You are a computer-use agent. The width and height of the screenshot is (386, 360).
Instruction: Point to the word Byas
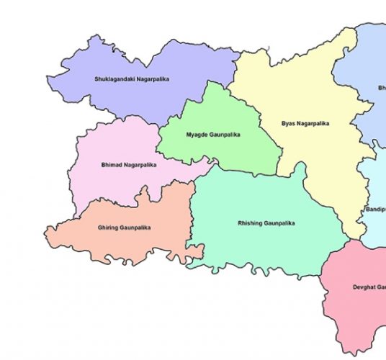[x=288, y=123]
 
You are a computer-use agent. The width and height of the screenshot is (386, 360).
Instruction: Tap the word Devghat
[x=364, y=287]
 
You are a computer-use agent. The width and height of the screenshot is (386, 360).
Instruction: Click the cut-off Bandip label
[x=375, y=209]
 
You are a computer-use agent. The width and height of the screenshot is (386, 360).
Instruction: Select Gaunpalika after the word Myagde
[x=224, y=135]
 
